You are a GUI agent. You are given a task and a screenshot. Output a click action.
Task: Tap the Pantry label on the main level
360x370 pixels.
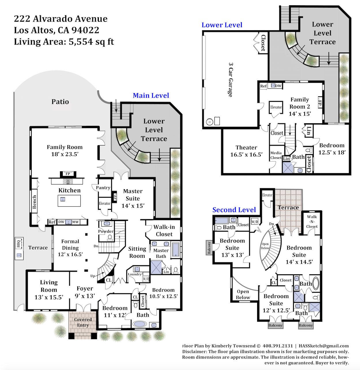point(103,188)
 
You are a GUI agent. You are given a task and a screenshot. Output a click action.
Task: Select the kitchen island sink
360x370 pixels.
point(63,199)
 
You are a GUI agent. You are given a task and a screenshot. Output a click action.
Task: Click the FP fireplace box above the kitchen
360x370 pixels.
point(68,174)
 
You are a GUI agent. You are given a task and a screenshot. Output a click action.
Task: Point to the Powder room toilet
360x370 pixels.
point(110,238)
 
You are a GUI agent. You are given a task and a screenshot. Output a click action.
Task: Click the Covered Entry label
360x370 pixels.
point(83,322)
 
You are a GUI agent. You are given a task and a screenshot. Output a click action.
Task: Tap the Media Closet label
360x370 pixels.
point(276,155)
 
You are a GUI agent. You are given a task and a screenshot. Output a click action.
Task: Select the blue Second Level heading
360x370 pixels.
point(234,210)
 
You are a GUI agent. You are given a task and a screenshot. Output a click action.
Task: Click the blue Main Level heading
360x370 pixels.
point(151,95)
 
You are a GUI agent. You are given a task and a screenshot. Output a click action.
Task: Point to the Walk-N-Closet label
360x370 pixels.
point(312,221)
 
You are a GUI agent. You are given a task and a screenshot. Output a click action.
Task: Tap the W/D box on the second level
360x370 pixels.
point(255,222)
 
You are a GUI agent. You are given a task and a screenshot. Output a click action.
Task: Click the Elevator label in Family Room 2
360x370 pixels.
point(276,107)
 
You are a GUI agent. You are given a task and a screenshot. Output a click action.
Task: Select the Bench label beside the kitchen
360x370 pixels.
point(34,202)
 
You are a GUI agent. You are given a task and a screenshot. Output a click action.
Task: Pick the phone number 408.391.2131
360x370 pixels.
point(278,346)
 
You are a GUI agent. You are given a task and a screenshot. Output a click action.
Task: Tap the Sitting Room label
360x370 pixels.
point(137,252)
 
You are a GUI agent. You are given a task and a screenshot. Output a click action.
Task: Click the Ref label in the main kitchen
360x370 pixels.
point(52,222)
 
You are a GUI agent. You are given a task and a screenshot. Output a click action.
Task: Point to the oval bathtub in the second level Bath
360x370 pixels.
point(316,283)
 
